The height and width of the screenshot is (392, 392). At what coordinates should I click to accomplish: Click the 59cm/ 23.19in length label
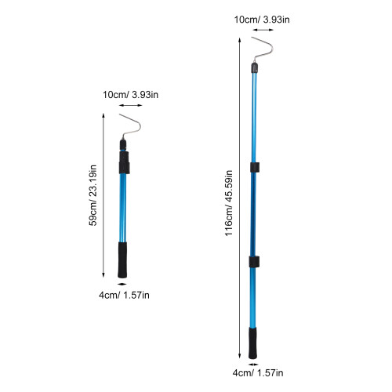93,195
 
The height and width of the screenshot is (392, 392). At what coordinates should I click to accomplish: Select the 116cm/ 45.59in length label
229,203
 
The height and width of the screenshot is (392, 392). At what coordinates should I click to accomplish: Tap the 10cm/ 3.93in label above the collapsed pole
130,95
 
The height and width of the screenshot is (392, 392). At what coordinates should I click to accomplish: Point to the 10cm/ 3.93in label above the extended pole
262,20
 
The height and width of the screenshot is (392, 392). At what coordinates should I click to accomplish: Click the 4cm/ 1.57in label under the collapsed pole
124,296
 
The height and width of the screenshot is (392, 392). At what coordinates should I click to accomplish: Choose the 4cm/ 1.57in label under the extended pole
258,373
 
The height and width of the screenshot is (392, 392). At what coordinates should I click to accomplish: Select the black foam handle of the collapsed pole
122,260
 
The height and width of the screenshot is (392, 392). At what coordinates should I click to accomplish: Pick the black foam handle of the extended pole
252,343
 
